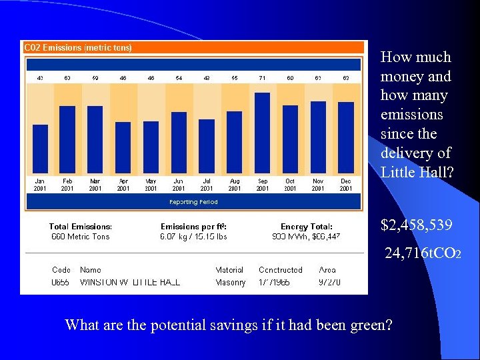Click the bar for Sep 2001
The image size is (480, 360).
262,133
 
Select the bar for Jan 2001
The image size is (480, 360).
40,149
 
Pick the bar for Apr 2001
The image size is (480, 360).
123,147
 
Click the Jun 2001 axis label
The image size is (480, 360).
179,185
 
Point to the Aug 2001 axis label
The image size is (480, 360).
235,185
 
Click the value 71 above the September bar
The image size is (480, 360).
262,78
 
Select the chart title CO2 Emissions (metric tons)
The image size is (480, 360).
78,47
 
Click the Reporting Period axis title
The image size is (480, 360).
193,201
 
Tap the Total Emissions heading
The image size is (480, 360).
81,227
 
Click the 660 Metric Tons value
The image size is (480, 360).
81,237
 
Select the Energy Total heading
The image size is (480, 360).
307,227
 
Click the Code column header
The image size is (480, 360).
61,270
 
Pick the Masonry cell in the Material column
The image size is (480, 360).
230,283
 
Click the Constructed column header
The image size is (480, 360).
280,270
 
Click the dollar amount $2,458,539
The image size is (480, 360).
417,226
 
